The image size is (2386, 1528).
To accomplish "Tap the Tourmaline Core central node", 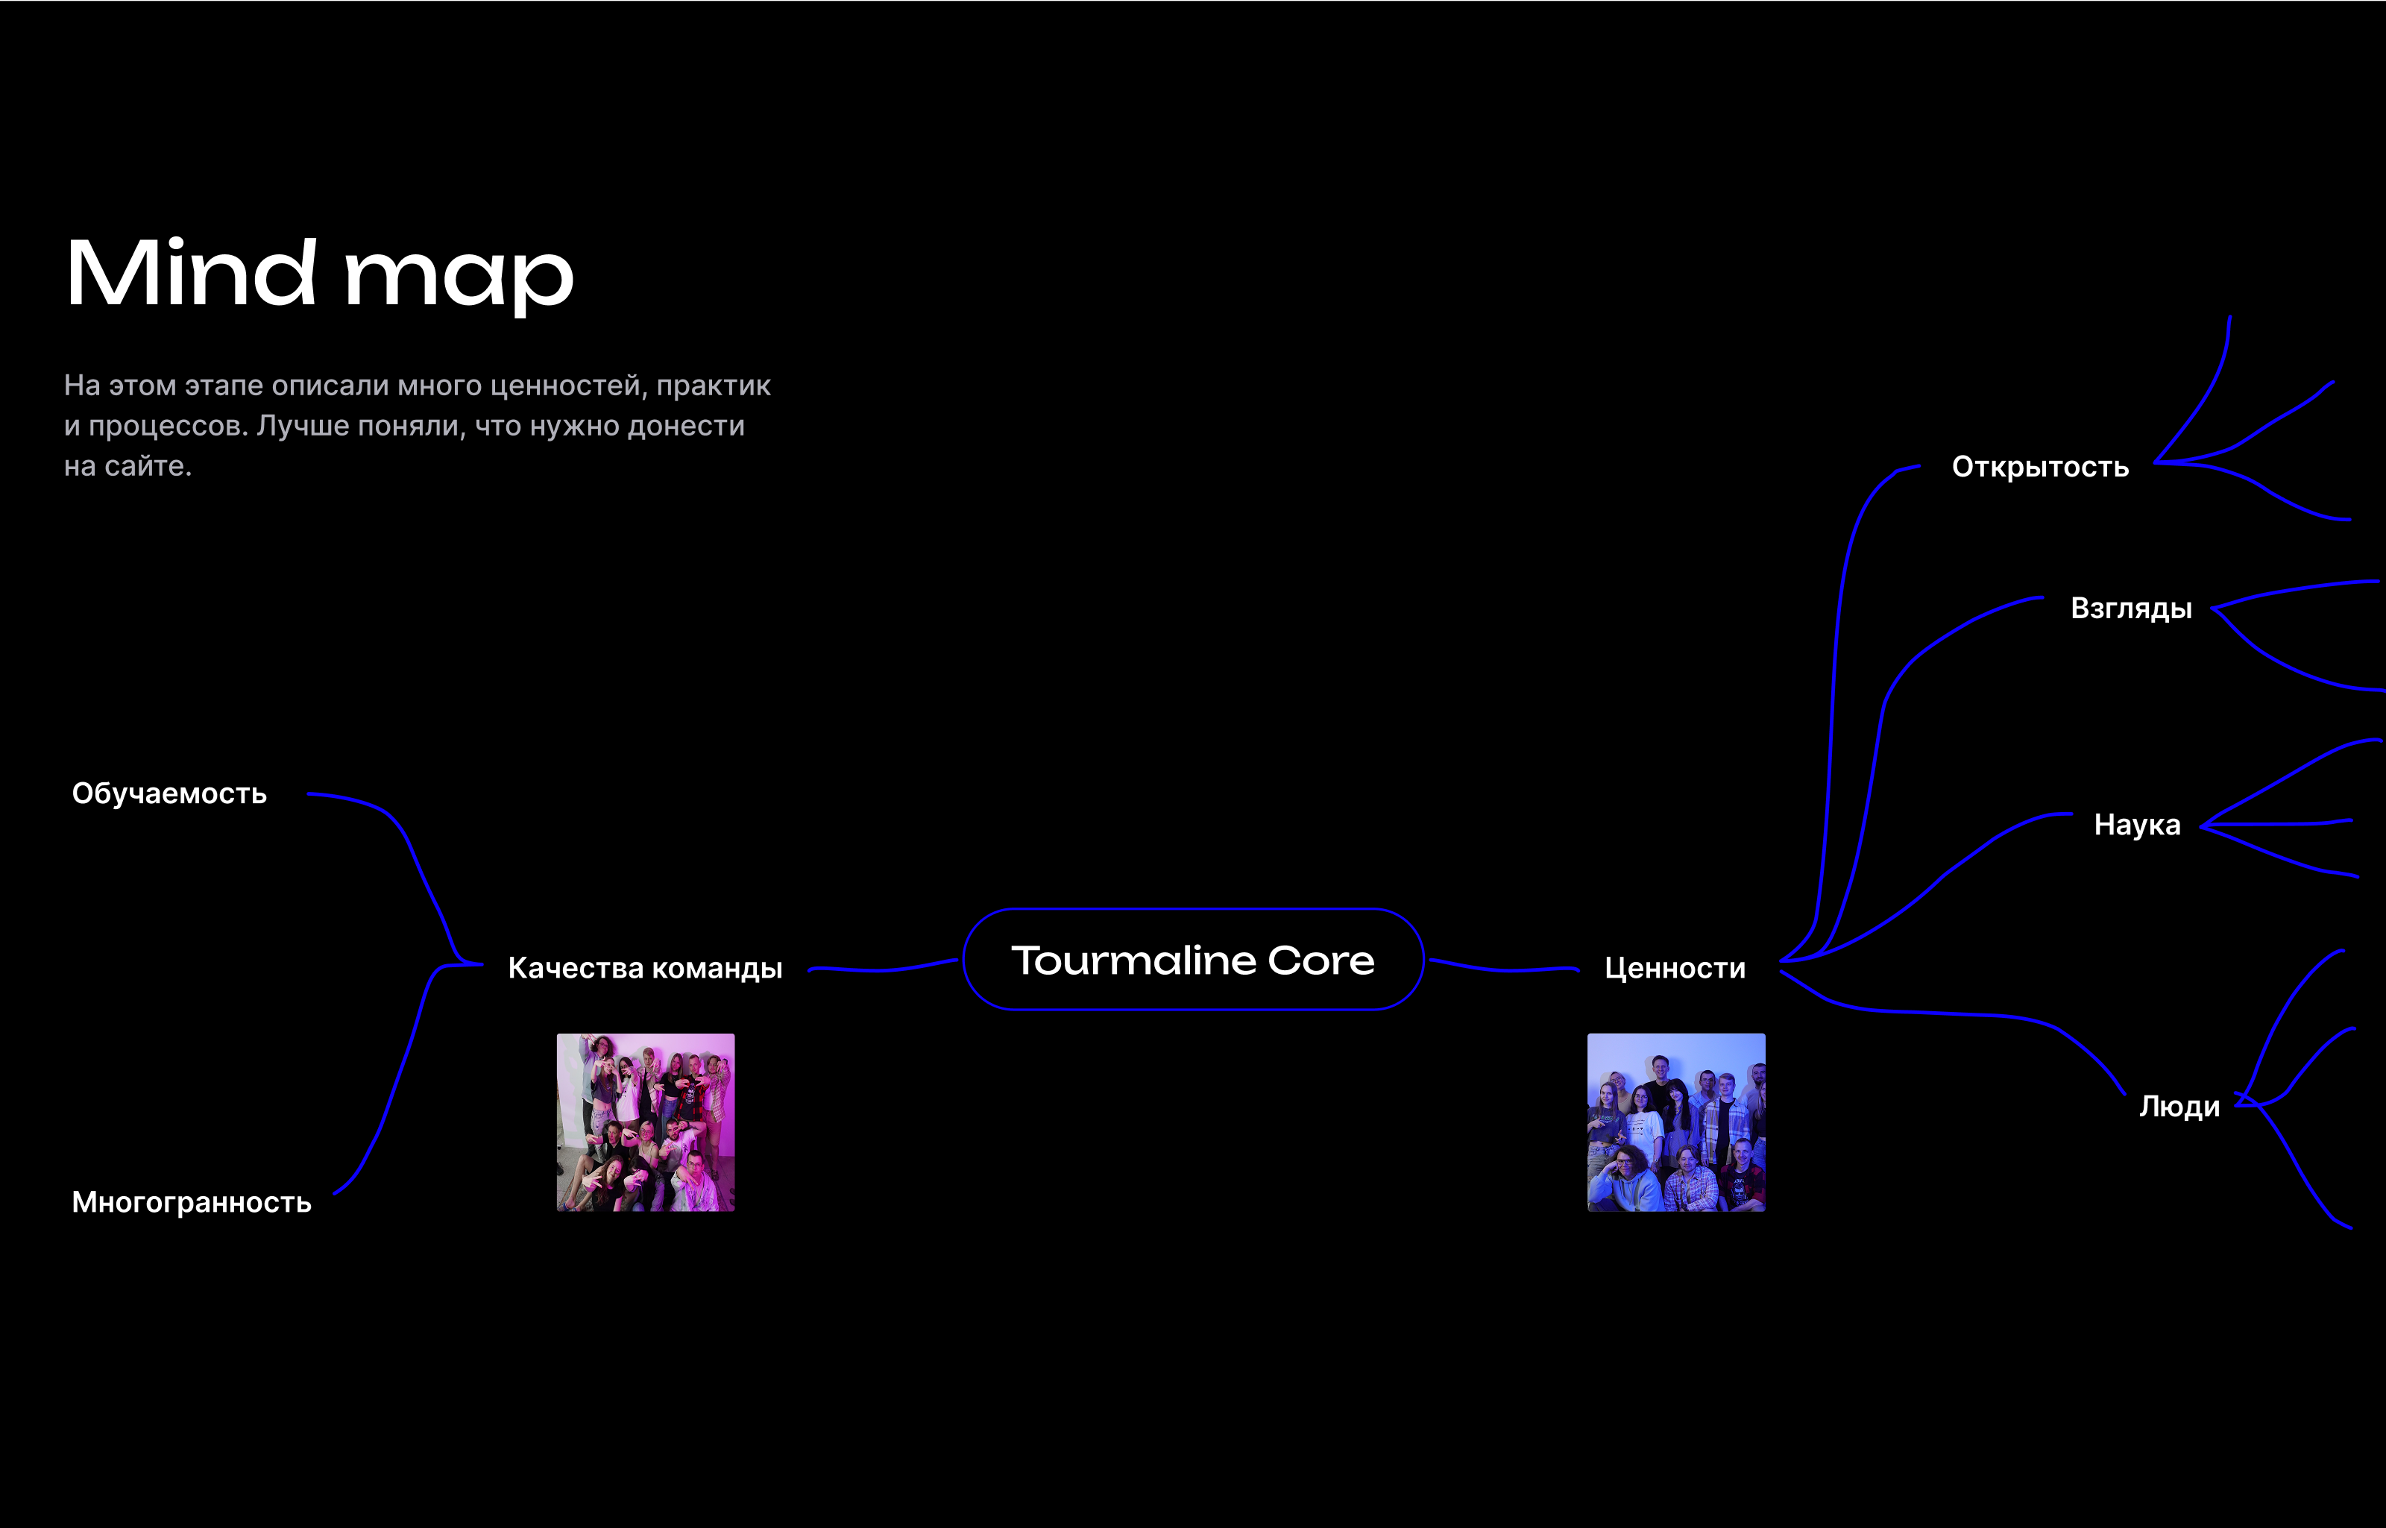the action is (1194, 960).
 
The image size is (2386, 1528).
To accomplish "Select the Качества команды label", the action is (645, 969).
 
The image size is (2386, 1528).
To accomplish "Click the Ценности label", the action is (1675, 969).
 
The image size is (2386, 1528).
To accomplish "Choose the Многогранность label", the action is (192, 1203).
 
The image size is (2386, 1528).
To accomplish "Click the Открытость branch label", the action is (2040, 468).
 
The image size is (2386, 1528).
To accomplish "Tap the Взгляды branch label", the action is (2131, 609).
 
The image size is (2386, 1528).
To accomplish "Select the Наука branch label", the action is (2137, 826).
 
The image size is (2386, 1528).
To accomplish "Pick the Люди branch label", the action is (2179, 1107).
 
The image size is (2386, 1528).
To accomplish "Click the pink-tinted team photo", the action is (646, 1122).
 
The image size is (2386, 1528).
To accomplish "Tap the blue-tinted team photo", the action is (1677, 1122).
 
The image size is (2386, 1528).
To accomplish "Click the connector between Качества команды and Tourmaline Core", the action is (883, 969).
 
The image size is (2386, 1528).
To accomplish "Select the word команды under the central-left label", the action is (717, 969).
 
